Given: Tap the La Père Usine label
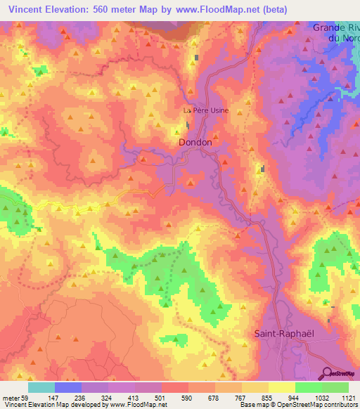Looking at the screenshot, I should (x=205, y=110).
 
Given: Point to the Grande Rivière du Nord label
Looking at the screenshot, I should (x=335, y=33).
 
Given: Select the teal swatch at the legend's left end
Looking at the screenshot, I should (x=41, y=387).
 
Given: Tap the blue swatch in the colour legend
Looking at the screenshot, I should (x=68, y=387).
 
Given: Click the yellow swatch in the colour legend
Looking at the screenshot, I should (x=281, y=387).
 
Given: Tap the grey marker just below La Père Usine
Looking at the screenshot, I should (x=188, y=126).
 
